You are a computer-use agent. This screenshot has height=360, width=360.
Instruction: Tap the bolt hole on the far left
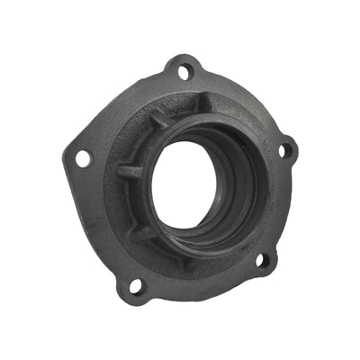coord(84,157)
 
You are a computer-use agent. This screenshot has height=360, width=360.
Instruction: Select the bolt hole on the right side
coord(288,150)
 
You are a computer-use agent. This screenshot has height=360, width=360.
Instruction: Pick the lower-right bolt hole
coord(262,261)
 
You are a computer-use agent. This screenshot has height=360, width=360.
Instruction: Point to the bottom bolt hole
coord(133,286)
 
